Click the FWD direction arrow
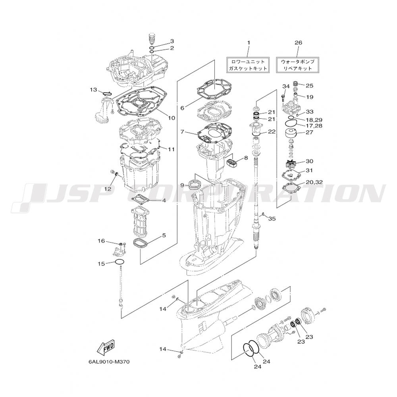tap(106, 348)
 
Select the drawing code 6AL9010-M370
tap(109, 362)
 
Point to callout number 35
tap(272, 219)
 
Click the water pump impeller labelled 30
tap(291, 163)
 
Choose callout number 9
tap(182, 185)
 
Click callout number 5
tap(163, 235)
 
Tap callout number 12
tap(108, 189)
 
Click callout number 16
tap(101, 241)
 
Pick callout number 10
tap(172, 118)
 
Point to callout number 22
tap(271, 131)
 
